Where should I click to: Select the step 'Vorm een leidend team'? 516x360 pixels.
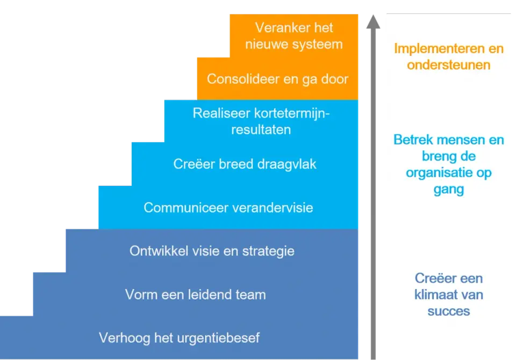click(x=196, y=294)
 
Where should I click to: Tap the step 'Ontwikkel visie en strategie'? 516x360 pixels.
click(x=212, y=251)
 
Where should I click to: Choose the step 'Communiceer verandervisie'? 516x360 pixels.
click(x=228, y=207)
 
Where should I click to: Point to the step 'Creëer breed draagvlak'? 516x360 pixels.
click(x=245, y=164)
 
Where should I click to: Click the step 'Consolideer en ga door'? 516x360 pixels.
click(x=277, y=80)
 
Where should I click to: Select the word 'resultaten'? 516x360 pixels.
click(x=261, y=129)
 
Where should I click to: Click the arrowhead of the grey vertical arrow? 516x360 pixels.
click(x=373, y=21)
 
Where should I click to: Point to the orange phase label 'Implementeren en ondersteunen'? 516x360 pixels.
click(x=449, y=56)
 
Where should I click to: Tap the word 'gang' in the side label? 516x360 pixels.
click(x=449, y=190)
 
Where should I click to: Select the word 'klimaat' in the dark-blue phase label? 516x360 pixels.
click(x=435, y=295)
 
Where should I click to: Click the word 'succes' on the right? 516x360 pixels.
click(x=449, y=311)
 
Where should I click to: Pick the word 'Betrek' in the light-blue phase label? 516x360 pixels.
click(x=413, y=140)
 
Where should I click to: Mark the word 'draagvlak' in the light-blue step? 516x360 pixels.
click(x=286, y=164)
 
